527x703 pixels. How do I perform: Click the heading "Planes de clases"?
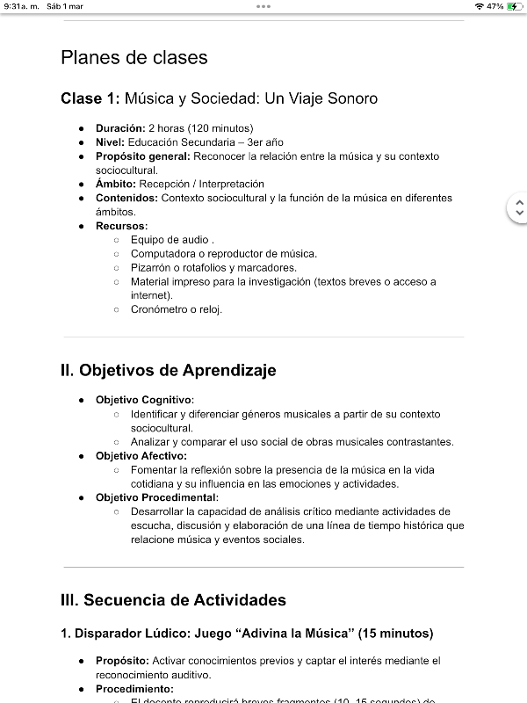[x=134, y=58]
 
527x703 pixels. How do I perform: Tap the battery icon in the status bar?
[x=514, y=6]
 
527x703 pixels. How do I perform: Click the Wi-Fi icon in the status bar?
[x=479, y=6]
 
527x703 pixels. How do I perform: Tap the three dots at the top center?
[x=263, y=6]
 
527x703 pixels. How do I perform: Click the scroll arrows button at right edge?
[x=518, y=208]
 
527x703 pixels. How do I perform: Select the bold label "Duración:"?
[x=120, y=128]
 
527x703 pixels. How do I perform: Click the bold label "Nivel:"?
[x=111, y=142]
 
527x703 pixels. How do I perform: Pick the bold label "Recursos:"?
[x=122, y=227]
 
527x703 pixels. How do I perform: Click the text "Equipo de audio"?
[x=170, y=240]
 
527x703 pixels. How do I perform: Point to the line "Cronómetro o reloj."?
[x=177, y=309]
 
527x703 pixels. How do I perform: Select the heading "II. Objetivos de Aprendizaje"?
[x=169, y=371]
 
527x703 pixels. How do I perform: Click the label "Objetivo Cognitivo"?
[x=144, y=400]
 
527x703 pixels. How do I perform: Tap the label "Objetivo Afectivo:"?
[x=141, y=456]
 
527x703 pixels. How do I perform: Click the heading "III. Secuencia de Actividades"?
[x=173, y=601]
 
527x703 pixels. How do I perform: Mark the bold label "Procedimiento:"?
[x=134, y=689]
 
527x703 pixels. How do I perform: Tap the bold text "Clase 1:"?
[x=90, y=98]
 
